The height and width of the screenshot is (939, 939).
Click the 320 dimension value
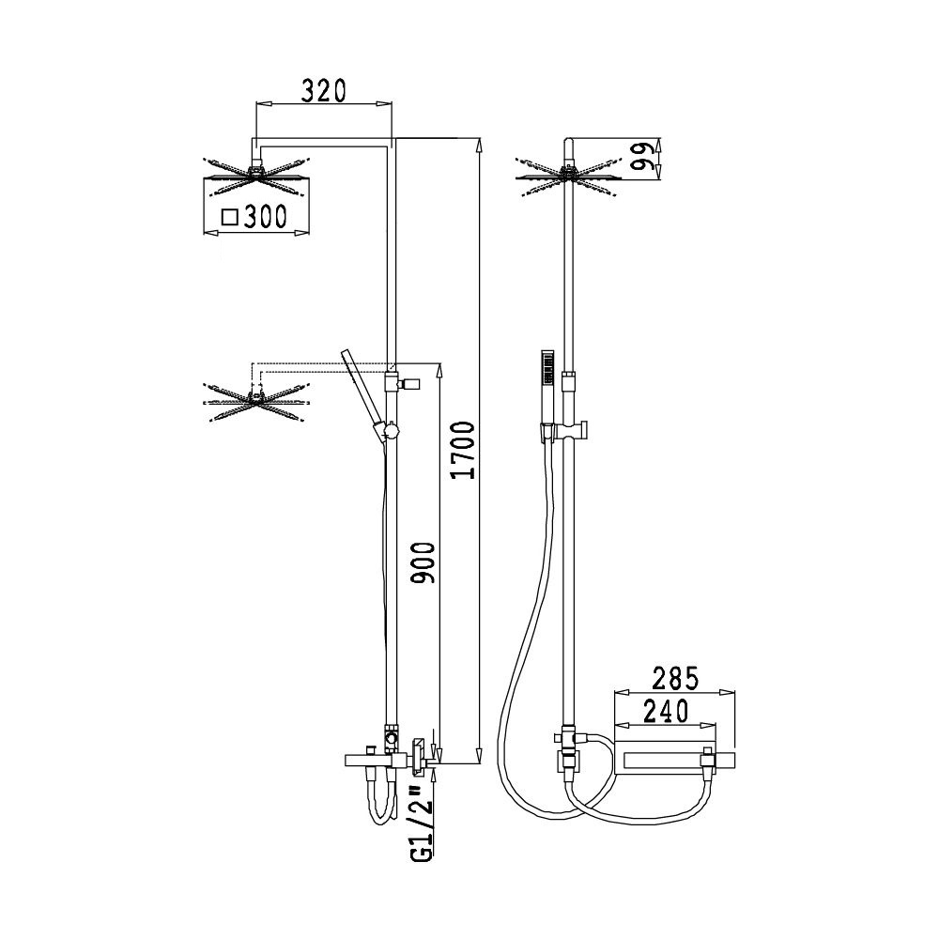323,91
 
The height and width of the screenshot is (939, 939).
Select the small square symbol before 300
230,216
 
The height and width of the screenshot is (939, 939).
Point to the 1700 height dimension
465,450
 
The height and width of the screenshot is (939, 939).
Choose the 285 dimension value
675,679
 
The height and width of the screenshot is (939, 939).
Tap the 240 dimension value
666,712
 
